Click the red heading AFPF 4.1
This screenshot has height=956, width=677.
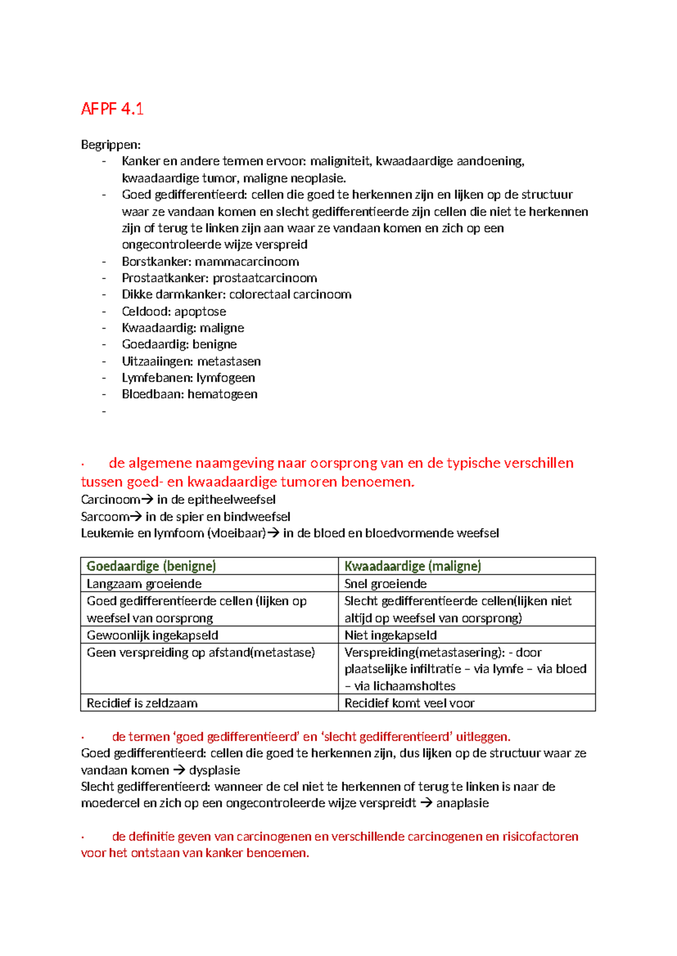point(112,109)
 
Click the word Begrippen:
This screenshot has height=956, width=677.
point(111,145)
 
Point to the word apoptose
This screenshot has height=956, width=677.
point(200,311)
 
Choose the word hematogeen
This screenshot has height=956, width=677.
point(222,394)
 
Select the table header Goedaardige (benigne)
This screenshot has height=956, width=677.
point(151,566)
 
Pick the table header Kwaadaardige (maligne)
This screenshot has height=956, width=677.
point(412,566)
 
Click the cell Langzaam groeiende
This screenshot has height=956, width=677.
point(144,583)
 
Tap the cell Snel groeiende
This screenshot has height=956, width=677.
point(385,583)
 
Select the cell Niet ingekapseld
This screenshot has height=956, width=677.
point(390,635)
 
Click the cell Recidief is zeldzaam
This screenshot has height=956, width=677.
point(142,703)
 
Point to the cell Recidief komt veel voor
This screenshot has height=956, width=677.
point(410,703)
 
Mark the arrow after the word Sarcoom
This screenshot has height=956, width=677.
point(136,516)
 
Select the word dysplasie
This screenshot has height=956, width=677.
point(214,770)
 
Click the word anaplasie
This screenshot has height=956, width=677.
point(462,803)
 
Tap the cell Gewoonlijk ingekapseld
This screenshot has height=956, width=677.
point(152,635)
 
